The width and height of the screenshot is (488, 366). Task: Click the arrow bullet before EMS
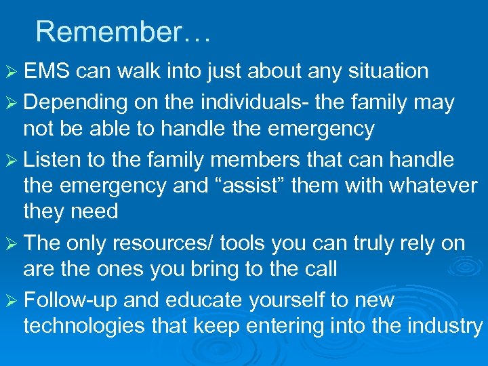12,71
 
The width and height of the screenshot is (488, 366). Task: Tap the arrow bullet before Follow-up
12,300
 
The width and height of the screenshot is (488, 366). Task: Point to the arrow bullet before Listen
12,161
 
